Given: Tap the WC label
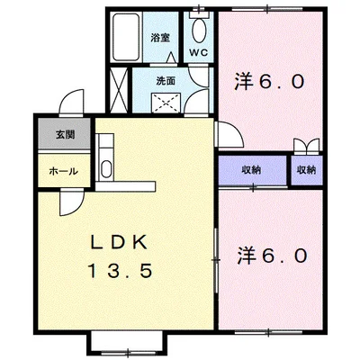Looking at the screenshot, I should [x=198, y=52].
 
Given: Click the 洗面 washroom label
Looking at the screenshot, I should [x=166, y=81].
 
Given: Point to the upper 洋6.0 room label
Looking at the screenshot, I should [x=271, y=81].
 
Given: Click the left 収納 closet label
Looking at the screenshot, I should [x=251, y=169].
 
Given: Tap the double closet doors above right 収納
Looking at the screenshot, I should [x=306, y=146].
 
